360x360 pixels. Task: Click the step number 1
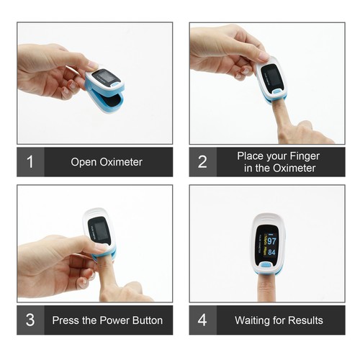click(x=30, y=161)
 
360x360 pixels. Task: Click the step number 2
click(x=202, y=161)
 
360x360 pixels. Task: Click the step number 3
click(x=30, y=320)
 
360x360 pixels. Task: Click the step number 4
click(x=202, y=320)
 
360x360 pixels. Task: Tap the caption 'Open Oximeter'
click(x=107, y=162)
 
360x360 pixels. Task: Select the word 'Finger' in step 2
click(x=305, y=156)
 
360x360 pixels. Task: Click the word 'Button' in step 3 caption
click(x=148, y=320)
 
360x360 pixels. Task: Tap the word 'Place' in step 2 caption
click(x=251, y=156)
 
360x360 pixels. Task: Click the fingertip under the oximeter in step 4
click(x=265, y=288)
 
